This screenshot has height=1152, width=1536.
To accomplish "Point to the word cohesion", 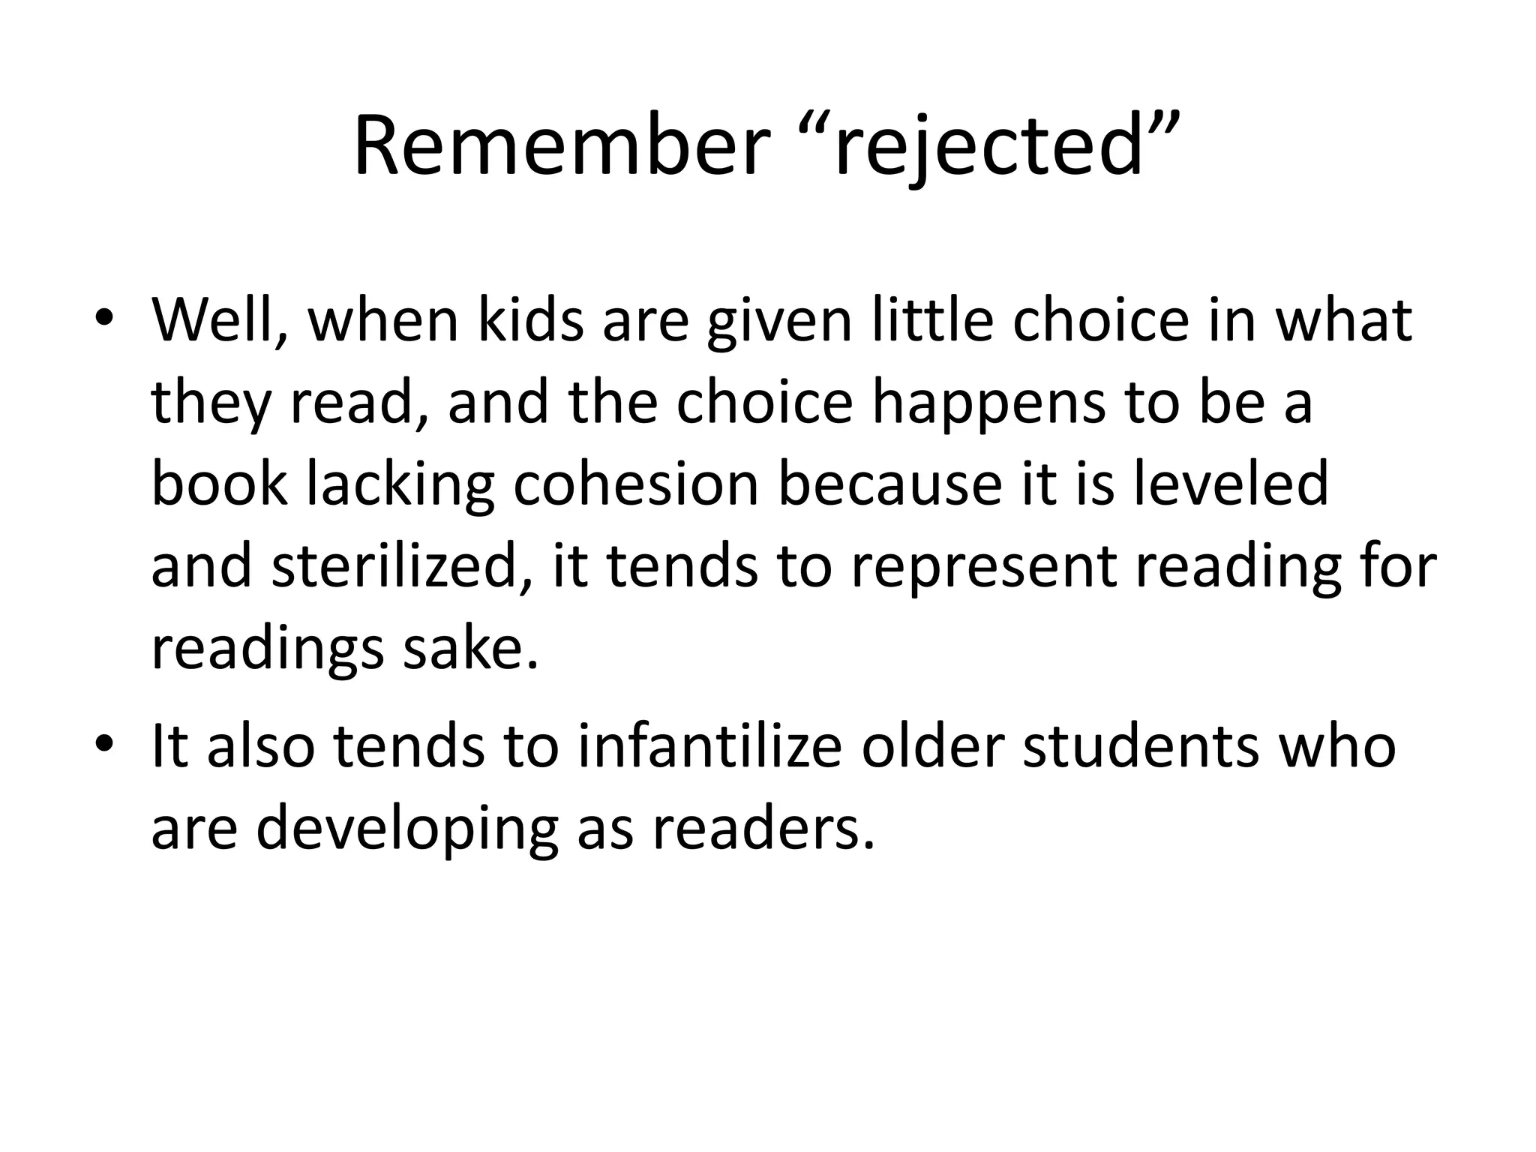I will click(x=636, y=484).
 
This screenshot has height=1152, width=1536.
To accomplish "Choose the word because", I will click(x=889, y=484).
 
